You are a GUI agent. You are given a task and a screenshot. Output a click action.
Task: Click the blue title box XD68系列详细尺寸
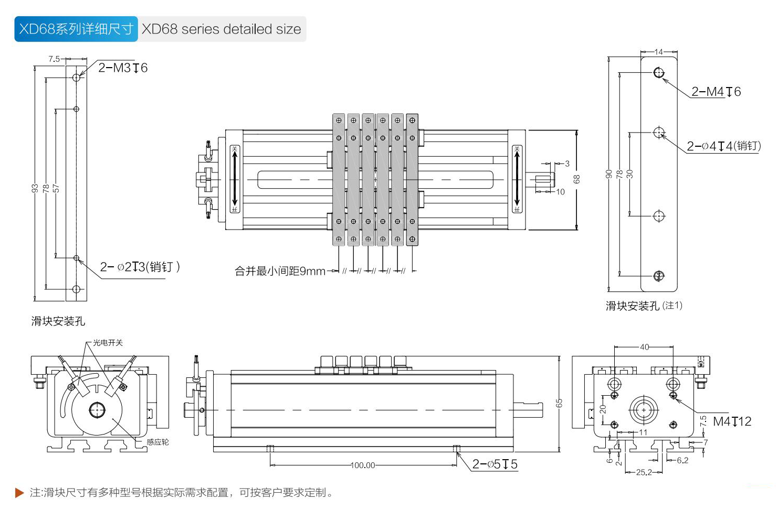pos(76,29)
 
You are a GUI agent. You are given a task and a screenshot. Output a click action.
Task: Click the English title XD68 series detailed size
pos(222,29)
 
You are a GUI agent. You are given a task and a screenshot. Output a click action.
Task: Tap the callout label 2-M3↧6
pos(123,68)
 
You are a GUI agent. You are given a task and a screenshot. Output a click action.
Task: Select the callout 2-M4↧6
pos(716,92)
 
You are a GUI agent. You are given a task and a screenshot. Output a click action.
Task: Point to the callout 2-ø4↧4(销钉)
pos(723,146)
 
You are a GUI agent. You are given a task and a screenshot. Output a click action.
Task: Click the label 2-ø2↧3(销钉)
pos(140,267)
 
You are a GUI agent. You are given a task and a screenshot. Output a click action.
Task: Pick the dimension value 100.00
pos(363,465)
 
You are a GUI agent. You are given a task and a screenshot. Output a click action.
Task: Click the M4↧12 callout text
pos(732,421)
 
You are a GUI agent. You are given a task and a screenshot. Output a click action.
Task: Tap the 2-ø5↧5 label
pos(495,464)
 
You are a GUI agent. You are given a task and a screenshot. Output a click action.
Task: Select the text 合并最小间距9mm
pos(280,271)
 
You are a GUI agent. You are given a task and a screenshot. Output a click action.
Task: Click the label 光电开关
pos(108,343)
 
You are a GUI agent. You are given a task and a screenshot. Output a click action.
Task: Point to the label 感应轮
pos(157,442)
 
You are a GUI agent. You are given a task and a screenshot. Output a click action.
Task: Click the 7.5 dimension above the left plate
pos(54,59)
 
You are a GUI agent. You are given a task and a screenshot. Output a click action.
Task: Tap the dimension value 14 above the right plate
pos(659,52)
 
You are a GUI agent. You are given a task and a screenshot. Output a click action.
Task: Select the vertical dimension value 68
pos(576,179)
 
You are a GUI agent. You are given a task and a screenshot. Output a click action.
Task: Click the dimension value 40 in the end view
pos(644,347)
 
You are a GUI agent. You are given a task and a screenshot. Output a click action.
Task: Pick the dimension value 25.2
pos(644,472)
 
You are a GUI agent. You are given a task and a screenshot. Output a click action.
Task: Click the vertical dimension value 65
pos(559,403)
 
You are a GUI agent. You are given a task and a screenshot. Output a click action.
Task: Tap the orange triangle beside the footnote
pos(19,493)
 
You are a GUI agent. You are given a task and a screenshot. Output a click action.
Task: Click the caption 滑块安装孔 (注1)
pos(644,306)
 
